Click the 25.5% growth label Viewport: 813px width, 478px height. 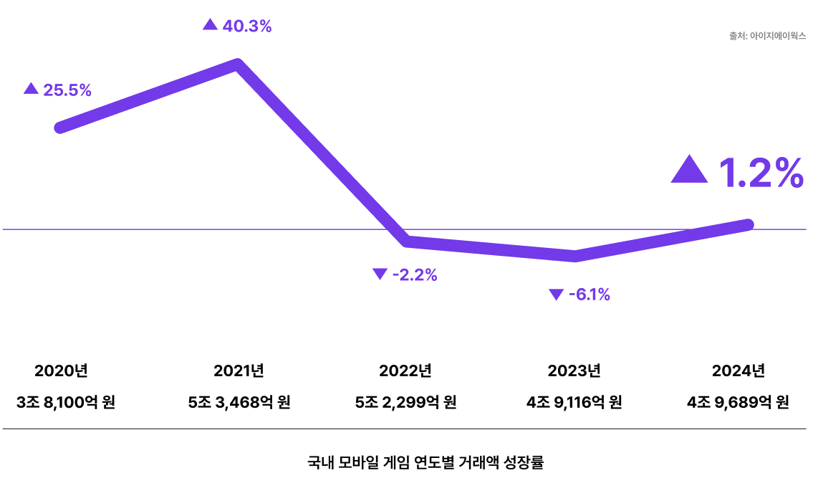tap(67, 90)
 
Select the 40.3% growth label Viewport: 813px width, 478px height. tap(247, 27)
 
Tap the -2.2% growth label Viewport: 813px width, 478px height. tap(415, 274)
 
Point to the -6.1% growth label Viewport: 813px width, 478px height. tap(589, 295)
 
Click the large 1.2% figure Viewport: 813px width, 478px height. tap(761, 173)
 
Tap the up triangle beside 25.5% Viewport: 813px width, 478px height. tap(31, 89)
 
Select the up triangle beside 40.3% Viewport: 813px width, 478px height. tap(210, 25)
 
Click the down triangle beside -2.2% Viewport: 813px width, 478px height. tap(380, 274)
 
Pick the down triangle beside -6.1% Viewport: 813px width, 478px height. tap(556, 295)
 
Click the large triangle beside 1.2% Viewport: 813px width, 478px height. tap(689, 171)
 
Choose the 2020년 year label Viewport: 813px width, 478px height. tap(61, 371)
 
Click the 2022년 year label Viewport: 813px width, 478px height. tap(405, 371)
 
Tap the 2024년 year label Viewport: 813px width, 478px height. tap(739, 371)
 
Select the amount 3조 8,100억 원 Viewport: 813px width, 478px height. tap(66, 402)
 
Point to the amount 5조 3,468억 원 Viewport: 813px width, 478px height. tap(239, 402)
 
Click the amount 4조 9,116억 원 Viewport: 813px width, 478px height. tap(574, 402)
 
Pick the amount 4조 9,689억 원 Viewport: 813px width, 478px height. tap(738, 402)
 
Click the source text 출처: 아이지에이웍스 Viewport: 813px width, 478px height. tap(767, 35)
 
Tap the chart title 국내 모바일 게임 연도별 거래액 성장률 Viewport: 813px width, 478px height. tap(425, 462)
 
